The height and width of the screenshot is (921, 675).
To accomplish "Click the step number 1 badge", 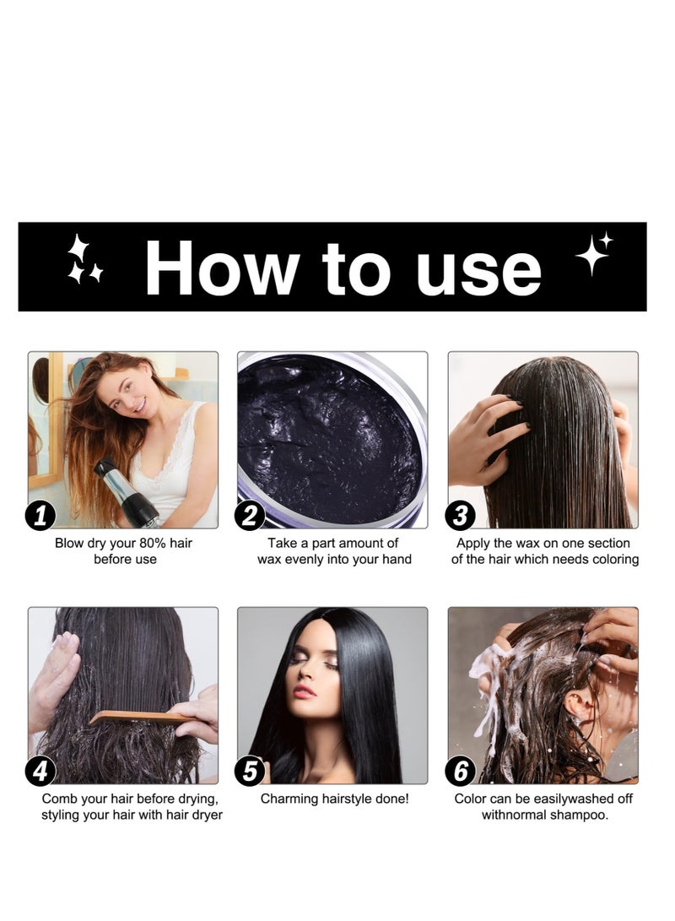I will [40, 515].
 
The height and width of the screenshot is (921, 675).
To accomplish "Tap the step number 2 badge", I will [250, 515].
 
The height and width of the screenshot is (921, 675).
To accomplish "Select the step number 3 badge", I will [461, 515].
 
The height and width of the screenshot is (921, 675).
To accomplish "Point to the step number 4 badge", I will [40, 770].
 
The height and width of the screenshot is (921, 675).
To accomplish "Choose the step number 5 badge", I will [250, 770].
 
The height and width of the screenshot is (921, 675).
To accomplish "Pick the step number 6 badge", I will [461, 770].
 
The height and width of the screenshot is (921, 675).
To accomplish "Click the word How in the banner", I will [221, 268].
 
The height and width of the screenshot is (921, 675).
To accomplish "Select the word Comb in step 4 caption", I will [58, 798].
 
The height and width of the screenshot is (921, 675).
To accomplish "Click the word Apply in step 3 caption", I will [473, 543].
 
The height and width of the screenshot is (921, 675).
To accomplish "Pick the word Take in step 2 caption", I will [283, 543].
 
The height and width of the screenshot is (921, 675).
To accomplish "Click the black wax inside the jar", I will [329, 439].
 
